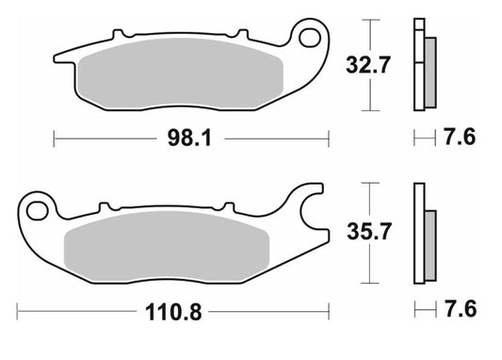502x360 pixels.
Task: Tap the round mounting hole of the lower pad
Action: [x=37, y=207]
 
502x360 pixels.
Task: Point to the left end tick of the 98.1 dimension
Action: [x=56, y=139]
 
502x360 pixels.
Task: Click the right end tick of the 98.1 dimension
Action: [x=328, y=139]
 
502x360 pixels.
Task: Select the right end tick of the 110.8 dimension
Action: [x=328, y=309]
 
